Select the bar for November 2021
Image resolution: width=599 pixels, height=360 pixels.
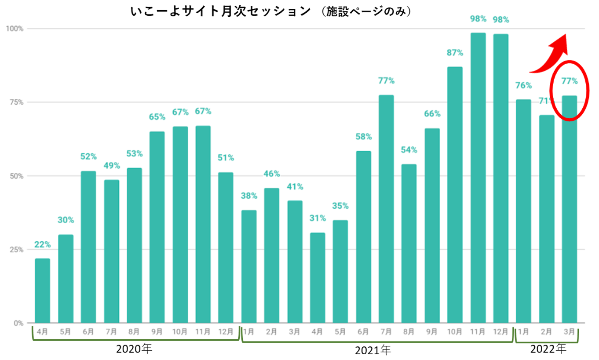(x=478, y=178)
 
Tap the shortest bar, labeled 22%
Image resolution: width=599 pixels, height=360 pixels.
(x=42, y=291)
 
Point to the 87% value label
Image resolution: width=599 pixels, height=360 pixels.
(x=455, y=53)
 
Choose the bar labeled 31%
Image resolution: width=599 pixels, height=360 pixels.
(x=318, y=278)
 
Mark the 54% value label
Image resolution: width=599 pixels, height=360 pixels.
(x=409, y=150)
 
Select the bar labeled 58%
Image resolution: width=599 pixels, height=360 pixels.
(x=363, y=237)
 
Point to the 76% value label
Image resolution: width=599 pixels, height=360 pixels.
(x=524, y=85)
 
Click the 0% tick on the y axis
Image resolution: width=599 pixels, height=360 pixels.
(x=18, y=323)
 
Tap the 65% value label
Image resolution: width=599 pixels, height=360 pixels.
(x=157, y=117)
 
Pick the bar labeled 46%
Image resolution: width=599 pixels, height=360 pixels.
(x=272, y=255)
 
